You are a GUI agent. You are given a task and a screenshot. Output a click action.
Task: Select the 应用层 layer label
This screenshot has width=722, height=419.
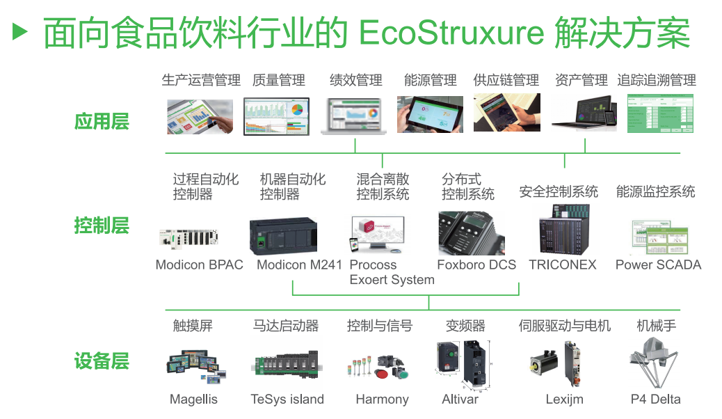pos(102,122)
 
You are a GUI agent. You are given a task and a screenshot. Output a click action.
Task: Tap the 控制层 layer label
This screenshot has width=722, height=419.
pos(102,226)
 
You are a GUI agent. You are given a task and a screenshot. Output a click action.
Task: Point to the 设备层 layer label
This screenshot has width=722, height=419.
pos(102,361)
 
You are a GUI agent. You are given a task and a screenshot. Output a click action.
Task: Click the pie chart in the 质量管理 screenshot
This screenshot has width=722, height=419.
pos(298,110)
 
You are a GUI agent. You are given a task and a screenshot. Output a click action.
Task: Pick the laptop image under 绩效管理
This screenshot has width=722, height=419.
pos(354,116)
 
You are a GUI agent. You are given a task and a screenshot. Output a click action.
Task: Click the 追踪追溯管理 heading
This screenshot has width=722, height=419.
pos(656,80)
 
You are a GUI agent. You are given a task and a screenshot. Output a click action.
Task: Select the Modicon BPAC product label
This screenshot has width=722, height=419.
pos(199,264)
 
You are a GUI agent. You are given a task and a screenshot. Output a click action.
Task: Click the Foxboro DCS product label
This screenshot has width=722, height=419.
pos(476,264)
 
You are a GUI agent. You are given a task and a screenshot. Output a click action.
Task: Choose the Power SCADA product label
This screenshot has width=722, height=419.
pos(658,264)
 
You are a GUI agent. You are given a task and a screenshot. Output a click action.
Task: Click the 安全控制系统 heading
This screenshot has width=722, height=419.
pos(558,191)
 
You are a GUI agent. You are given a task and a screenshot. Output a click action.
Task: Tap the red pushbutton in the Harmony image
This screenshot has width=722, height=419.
pos(382,374)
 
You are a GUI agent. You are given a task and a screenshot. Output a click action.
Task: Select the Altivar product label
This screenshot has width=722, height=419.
pos(460,400)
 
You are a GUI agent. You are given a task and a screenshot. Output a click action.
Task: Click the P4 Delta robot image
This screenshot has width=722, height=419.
pos(655,362)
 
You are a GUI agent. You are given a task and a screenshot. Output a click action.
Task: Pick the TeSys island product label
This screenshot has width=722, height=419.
pos(287,400)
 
